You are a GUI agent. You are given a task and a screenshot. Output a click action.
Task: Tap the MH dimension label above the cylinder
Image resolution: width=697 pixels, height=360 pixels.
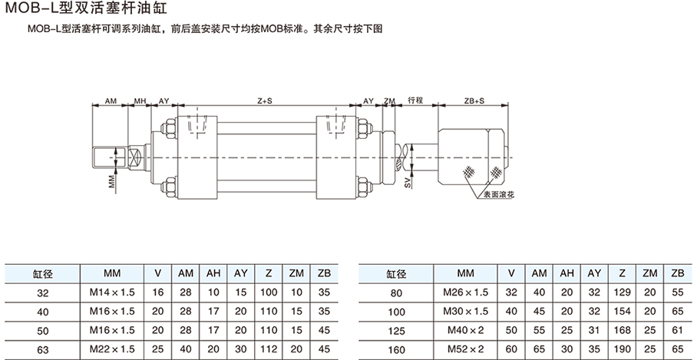[x=140, y=101]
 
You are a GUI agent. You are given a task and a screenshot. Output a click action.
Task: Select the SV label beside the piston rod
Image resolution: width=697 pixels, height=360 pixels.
[x=406, y=182]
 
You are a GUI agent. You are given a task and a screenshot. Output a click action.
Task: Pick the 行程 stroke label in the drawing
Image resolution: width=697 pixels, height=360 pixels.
[x=416, y=101]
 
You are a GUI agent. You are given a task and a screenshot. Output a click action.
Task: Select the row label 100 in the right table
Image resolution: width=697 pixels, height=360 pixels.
[x=395, y=311]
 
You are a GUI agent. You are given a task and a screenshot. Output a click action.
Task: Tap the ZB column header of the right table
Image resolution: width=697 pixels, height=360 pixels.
[x=677, y=273]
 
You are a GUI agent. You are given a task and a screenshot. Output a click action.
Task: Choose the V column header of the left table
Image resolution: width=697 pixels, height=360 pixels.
[x=158, y=273]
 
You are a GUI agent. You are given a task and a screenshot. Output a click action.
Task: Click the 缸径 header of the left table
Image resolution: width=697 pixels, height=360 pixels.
[x=41, y=273]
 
